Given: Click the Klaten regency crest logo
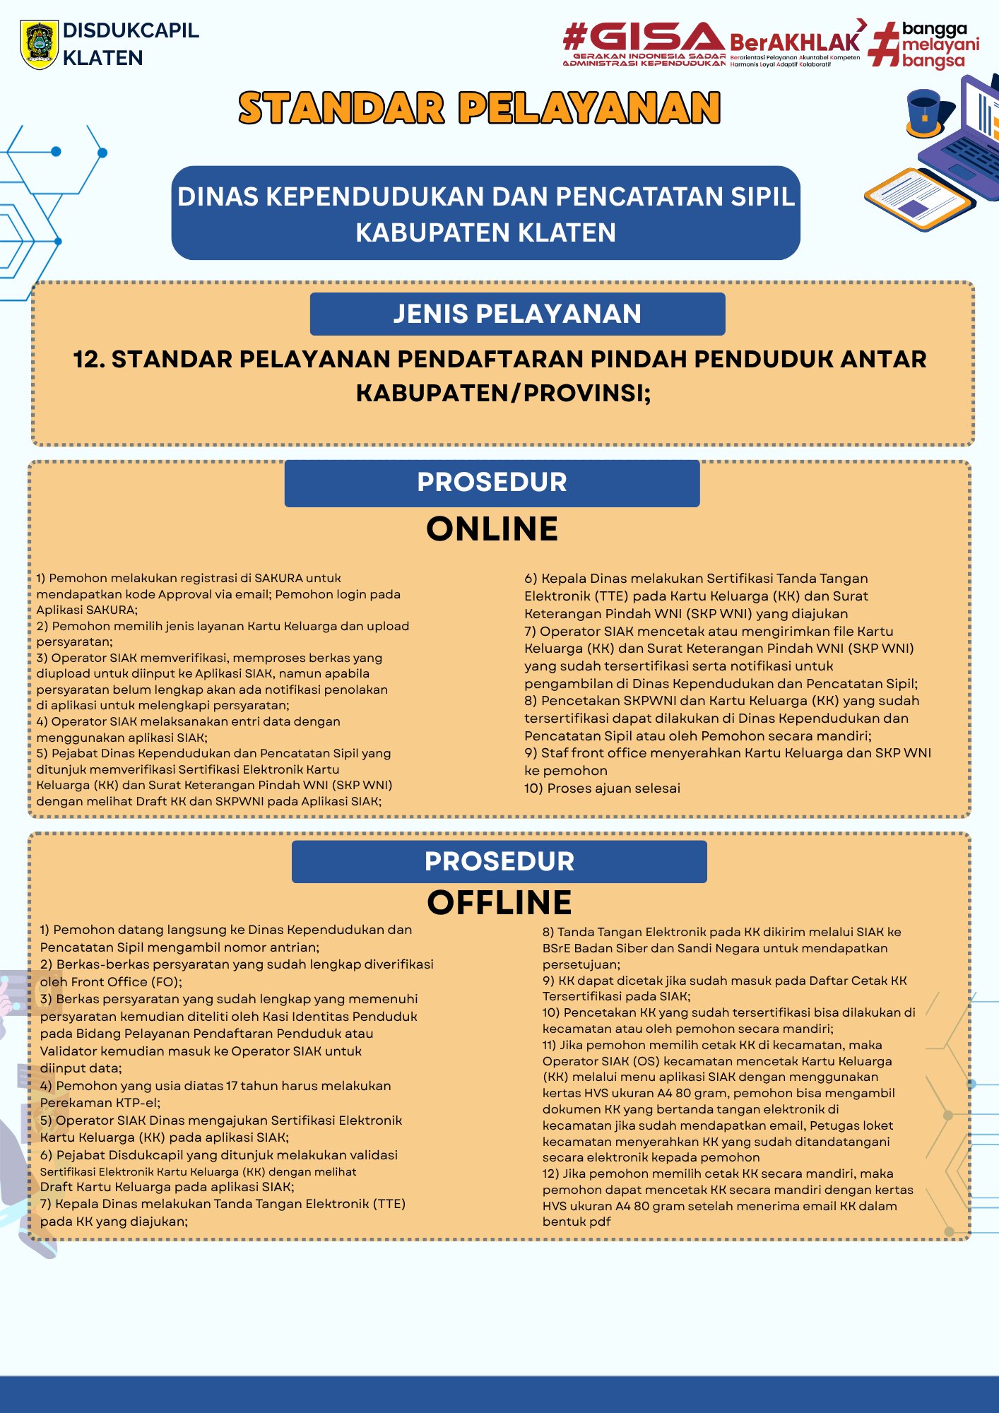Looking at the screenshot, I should coord(39,44).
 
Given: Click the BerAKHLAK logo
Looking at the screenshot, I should coord(795,44).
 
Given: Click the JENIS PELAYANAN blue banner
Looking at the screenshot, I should coord(517,314).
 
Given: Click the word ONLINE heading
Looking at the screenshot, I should coord(492,529).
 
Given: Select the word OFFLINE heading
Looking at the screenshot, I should coord(499,902).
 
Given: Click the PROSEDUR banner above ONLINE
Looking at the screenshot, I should coord(492,483).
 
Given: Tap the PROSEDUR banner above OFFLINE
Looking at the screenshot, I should coord(499,861).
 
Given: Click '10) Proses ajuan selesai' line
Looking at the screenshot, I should coord(602,788).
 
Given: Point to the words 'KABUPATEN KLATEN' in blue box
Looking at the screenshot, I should coord(485,232).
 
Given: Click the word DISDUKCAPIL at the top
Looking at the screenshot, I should coord(131,30).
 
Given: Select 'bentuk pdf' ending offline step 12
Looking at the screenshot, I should coord(577,1222).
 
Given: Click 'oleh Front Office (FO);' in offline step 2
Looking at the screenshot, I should coord(111,981).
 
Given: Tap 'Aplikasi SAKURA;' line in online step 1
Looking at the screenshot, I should coord(87,610).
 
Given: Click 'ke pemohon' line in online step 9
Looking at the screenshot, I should coord(565,770).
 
